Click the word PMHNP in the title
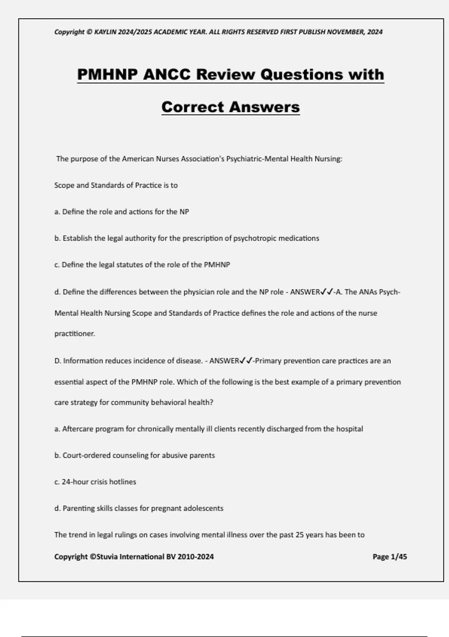click(107, 74)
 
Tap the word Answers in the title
click(265, 107)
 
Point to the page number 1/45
click(398, 557)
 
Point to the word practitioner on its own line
click(74, 333)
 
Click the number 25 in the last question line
click(299, 535)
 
